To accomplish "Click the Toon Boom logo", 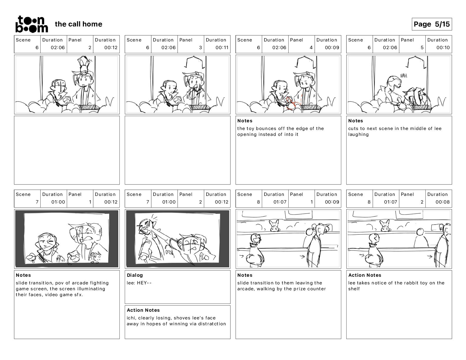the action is pyautogui.click(x=32, y=24).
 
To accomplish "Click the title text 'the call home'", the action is pyautogui.click(x=79, y=24).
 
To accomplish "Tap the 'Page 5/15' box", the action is pyautogui.click(x=432, y=24).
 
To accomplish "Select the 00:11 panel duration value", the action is pyautogui.click(x=222, y=48).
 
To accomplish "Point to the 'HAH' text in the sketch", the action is pyautogui.click(x=403, y=76).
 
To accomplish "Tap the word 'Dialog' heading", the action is pyautogui.click(x=135, y=275).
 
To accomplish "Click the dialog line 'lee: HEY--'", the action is pyautogui.click(x=139, y=283).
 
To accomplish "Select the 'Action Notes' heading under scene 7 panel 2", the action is pyautogui.click(x=143, y=310).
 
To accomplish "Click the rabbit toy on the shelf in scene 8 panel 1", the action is pyautogui.click(x=274, y=226).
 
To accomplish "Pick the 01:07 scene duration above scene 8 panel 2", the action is pyautogui.click(x=390, y=202).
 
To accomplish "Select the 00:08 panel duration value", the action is pyautogui.click(x=442, y=202).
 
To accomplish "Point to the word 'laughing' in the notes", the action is pyautogui.click(x=358, y=134).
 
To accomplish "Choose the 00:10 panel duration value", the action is pyautogui.click(x=443, y=48).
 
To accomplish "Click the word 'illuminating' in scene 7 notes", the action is pyautogui.click(x=91, y=289).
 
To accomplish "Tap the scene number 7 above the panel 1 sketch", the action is pyautogui.click(x=37, y=202).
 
